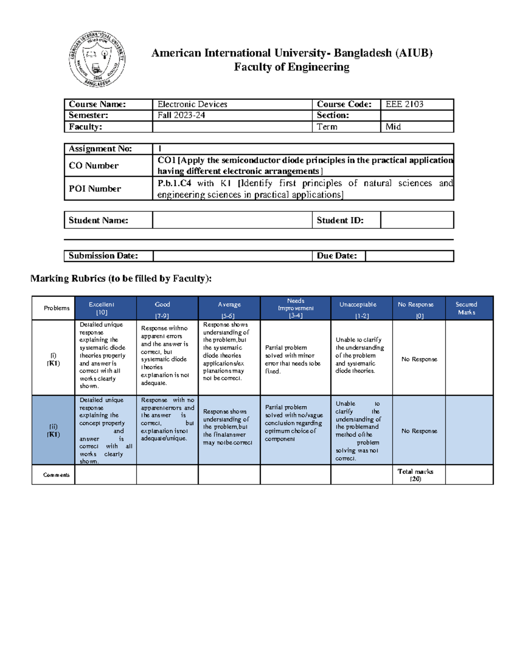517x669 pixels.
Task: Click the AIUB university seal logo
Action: [97, 59]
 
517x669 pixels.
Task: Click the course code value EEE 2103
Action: [404, 104]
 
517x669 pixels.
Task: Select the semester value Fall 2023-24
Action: [181, 115]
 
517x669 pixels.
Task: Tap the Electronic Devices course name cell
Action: [192, 104]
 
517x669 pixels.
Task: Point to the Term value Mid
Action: [393, 127]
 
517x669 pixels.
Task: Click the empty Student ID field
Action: [417, 220]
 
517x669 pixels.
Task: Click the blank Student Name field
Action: [232, 220]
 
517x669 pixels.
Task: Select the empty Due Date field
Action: [409, 256]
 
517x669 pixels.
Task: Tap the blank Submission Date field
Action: [232, 256]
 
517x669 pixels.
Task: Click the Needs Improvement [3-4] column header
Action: [295, 308]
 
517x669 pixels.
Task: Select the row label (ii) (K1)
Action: [53, 430]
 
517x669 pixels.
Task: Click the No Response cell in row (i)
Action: [419, 359]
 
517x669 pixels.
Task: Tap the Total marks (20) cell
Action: [415, 475]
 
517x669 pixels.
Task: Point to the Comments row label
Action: [56, 475]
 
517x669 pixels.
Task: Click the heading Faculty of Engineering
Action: [292, 67]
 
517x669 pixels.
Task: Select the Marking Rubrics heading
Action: [121, 279]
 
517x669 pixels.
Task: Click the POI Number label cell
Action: [95, 189]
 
